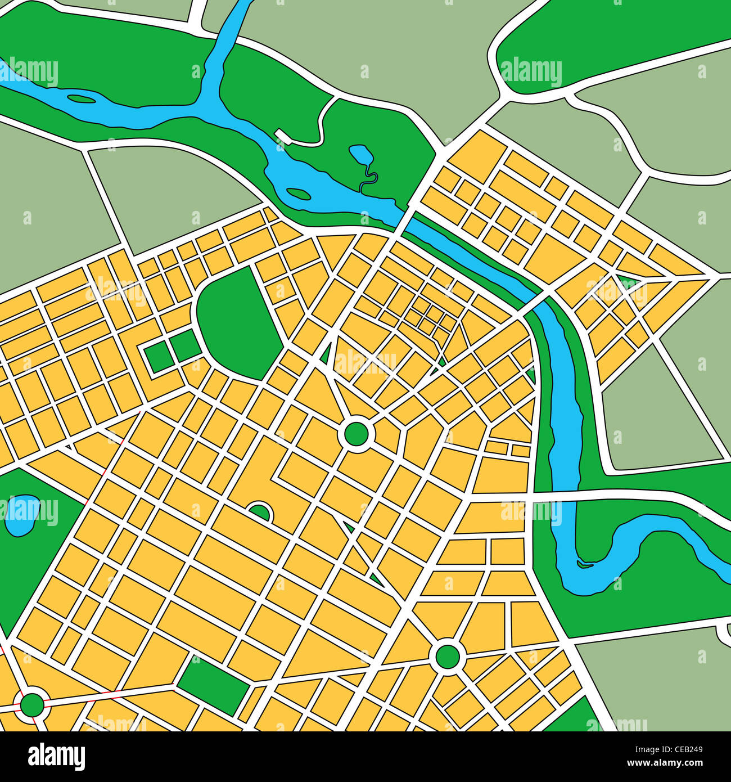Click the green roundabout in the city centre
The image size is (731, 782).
356,434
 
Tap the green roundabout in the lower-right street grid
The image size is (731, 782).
448,656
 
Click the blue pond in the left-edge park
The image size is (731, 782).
21,515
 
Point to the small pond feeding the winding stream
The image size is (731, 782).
359,153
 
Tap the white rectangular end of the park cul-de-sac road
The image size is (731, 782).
280,134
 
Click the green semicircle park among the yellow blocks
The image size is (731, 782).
259,513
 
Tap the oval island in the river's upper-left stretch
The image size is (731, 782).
81,100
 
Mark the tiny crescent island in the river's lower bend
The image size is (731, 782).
585,564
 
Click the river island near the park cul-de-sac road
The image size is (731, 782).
298,194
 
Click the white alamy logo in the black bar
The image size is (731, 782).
56,757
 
